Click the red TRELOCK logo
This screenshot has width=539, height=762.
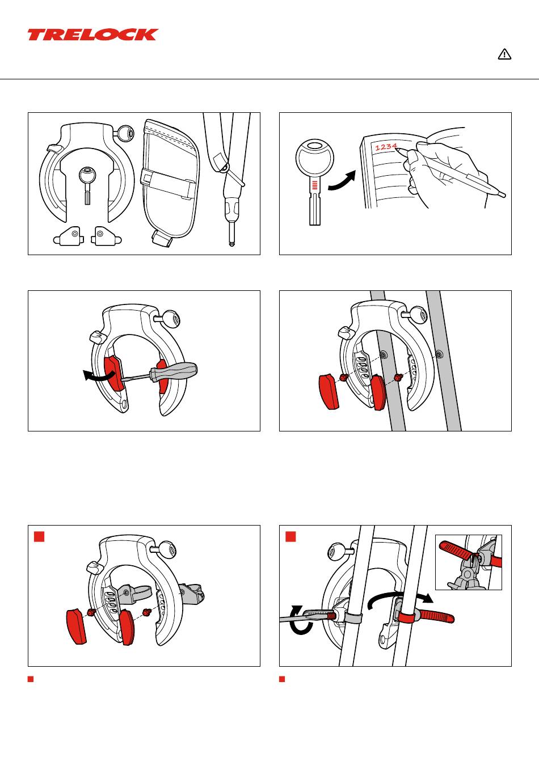pos(93,35)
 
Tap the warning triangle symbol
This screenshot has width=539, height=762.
pos(504,54)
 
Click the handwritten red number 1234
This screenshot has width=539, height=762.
pos(386,147)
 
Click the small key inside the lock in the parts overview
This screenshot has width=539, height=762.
pos(87,185)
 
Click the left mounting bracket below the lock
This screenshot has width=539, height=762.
pos(69,236)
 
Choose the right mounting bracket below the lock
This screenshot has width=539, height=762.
pos(106,236)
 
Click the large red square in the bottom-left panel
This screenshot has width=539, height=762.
pos(39,536)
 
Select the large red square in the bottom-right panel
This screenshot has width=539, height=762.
pos(290,536)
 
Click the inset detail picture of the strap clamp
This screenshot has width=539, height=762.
pos(469,562)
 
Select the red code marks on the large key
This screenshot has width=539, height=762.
pos(315,185)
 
